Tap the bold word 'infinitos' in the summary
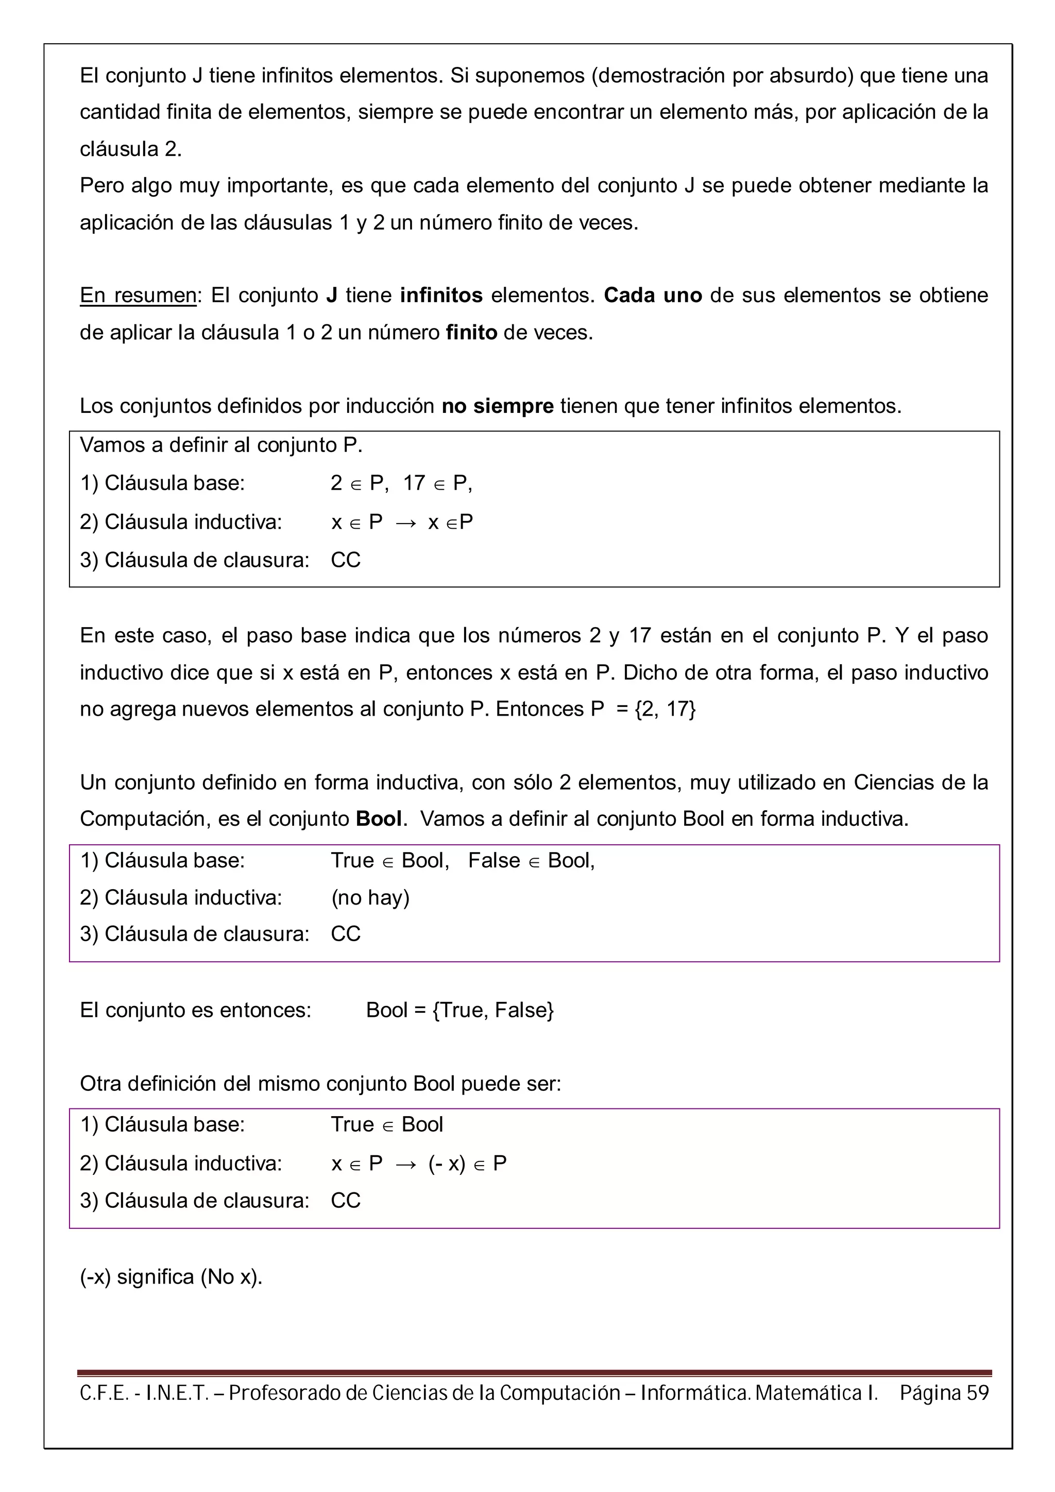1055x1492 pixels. (x=441, y=296)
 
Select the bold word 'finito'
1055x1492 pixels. (x=471, y=333)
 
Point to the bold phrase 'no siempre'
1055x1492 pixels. (x=497, y=406)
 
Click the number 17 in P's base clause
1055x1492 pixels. (x=414, y=483)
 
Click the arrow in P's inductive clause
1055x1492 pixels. (x=405, y=523)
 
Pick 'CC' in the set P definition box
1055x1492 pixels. (x=345, y=560)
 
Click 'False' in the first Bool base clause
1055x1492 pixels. (x=494, y=860)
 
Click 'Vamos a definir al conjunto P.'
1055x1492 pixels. (x=221, y=445)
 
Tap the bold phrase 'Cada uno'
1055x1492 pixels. (x=652, y=296)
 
